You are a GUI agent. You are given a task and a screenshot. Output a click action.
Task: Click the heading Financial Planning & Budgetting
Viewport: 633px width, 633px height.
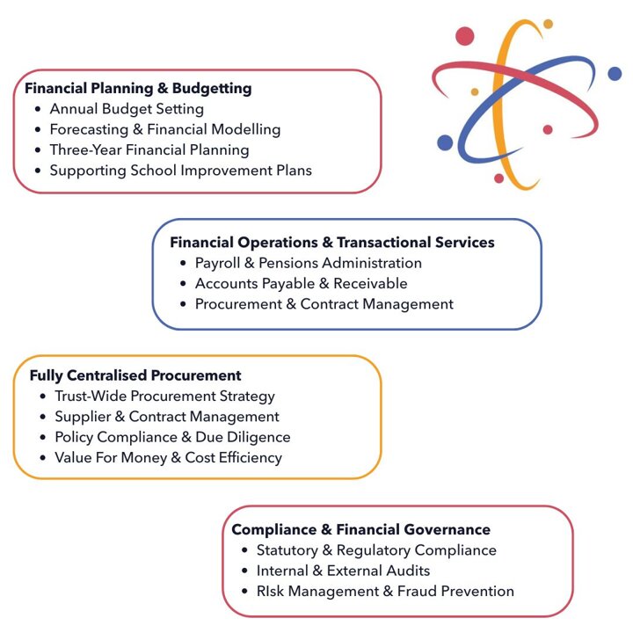pos(138,89)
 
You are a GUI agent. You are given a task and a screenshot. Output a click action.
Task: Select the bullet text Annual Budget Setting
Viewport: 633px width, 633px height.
pos(127,109)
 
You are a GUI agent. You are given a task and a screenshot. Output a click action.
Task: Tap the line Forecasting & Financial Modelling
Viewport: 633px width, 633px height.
pos(165,129)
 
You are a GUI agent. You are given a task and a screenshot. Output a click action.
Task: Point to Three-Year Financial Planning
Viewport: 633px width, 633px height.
pos(149,149)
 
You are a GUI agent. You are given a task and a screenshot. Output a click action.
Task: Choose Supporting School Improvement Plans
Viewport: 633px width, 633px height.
pos(180,170)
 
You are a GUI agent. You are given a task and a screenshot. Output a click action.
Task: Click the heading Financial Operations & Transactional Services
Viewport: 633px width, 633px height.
pos(332,242)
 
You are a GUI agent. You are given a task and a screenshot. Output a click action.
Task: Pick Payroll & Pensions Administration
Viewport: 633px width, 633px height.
pos(309,263)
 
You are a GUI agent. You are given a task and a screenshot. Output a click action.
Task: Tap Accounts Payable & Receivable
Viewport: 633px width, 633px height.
pos(302,283)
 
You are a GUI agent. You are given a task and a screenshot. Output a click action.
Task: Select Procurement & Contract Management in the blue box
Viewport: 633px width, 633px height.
pos(324,304)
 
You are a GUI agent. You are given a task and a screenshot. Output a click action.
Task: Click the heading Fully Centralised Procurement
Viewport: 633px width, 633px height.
pos(135,375)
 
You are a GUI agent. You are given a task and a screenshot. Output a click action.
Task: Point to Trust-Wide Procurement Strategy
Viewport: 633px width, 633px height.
pos(164,397)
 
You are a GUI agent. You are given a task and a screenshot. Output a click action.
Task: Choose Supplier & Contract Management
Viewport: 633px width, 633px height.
pos(167,417)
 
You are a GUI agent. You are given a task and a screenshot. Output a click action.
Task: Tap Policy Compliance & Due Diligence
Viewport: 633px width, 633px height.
pos(172,437)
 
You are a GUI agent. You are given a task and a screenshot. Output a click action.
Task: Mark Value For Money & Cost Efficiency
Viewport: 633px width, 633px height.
pos(168,457)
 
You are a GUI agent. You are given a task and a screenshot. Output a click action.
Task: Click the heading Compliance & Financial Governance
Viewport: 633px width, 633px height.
pos(360,529)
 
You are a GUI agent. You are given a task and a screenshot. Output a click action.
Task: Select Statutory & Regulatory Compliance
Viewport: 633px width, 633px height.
pos(376,550)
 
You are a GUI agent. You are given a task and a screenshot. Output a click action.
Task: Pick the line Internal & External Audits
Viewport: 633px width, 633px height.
pos(343,571)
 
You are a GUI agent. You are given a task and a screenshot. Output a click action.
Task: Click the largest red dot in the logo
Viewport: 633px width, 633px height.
pos(465,36)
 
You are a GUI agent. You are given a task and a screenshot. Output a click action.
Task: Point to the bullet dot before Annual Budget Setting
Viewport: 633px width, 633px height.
pos(37,110)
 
